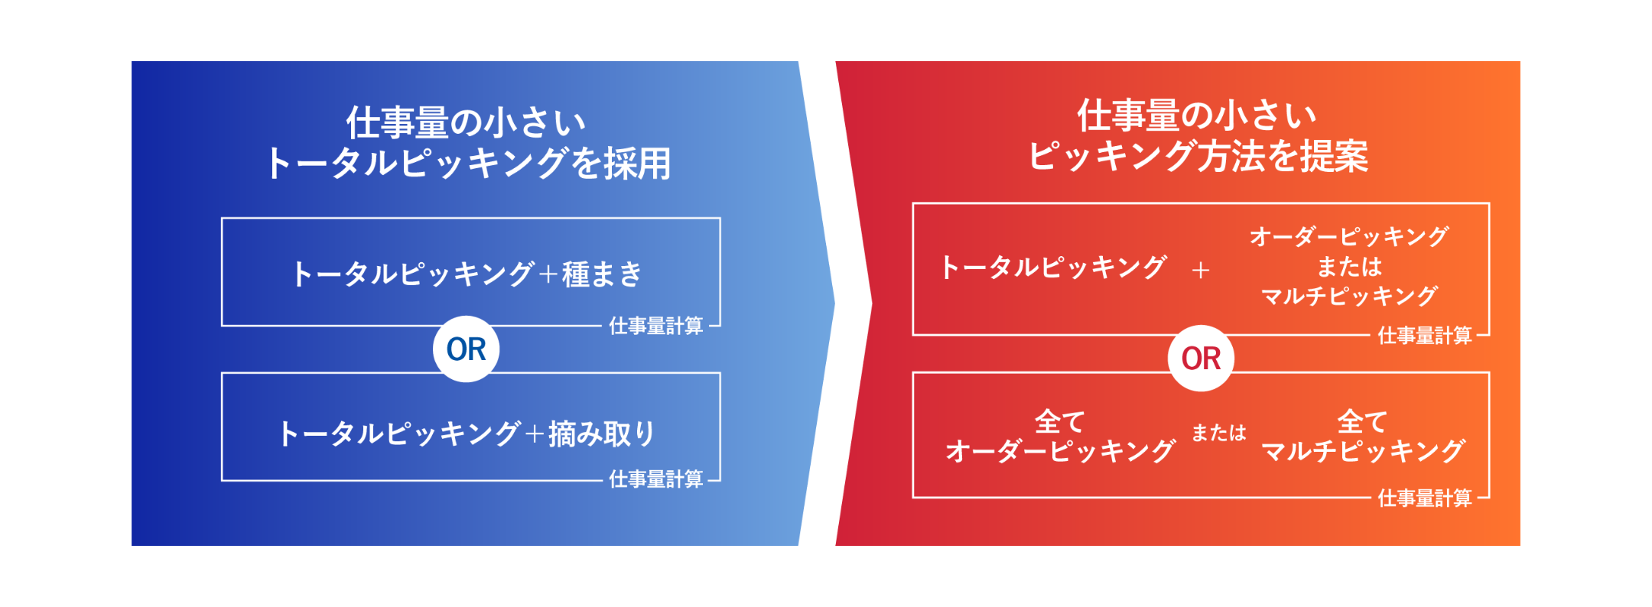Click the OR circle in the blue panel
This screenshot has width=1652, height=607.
(x=466, y=349)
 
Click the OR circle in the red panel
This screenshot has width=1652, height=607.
(x=1201, y=359)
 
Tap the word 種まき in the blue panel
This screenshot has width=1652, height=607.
(x=603, y=274)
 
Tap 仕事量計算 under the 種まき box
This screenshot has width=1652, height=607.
(x=656, y=326)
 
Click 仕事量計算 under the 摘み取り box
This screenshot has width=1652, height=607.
(x=656, y=479)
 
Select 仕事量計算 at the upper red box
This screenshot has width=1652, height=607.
(x=1425, y=336)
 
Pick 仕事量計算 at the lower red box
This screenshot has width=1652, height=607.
(x=1425, y=498)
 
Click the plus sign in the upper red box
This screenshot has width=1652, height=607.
(x=1201, y=270)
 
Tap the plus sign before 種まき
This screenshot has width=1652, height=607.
(x=548, y=274)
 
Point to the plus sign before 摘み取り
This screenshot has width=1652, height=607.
(x=535, y=434)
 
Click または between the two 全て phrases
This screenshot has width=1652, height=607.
(x=1219, y=433)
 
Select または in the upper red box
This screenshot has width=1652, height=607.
(x=1350, y=266)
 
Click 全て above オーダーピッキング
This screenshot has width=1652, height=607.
(x=1060, y=421)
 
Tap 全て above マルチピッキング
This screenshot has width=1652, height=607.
(x=1362, y=421)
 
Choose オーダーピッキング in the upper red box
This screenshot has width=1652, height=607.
(x=1350, y=236)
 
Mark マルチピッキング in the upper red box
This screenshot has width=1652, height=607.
(x=1350, y=296)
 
